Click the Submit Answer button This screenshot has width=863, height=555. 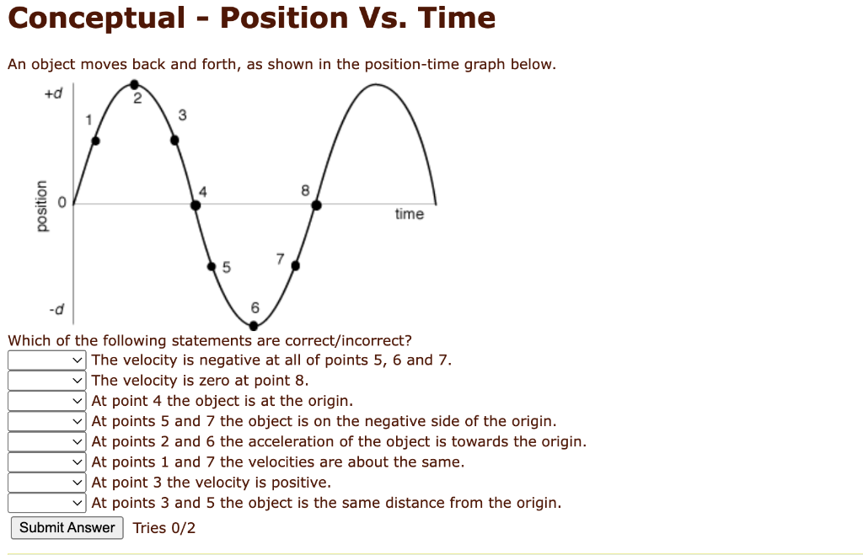67,528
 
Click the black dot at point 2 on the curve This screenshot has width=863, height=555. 134,83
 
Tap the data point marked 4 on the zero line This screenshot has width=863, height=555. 196,204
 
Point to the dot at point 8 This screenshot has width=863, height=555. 316,204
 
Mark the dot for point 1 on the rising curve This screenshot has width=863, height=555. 95,141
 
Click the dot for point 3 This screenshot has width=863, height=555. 175,141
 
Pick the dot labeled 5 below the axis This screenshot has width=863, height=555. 212,266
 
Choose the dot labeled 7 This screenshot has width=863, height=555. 296,265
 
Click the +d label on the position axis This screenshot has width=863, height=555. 54,93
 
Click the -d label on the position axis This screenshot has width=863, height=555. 56,309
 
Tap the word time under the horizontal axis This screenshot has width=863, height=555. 409,214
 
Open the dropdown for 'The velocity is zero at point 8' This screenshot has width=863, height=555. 47,381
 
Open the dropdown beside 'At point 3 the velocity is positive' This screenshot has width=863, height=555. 47,483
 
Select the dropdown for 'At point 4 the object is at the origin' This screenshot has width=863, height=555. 47,401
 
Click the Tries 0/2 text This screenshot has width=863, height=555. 164,528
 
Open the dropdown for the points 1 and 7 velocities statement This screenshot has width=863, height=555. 47,462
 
